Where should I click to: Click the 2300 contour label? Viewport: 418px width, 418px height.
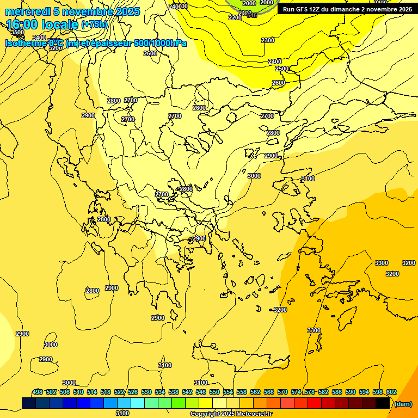pos(268,40)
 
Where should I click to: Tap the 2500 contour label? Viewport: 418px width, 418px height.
pos(282,69)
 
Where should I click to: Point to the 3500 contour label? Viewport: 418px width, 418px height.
pos(17,32)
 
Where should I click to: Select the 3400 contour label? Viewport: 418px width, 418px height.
pos(39,38)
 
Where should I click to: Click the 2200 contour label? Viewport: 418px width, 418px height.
pos(235,17)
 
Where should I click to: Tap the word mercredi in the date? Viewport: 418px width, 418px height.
pos(25,11)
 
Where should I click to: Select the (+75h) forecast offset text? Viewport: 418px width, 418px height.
pos(94,24)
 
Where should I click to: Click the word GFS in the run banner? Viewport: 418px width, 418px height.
pos(302,9)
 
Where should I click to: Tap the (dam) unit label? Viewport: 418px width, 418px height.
pos(402,404)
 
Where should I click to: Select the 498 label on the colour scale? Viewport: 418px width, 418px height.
pos(38,392)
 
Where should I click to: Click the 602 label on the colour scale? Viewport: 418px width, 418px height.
pos(391,392)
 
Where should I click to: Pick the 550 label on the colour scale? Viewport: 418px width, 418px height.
pos(214,392)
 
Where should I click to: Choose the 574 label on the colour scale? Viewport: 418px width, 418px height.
pos(296,392)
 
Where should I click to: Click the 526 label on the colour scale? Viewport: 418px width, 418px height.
pos(133,392)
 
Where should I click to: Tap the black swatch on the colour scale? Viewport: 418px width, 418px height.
pos(383,403)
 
